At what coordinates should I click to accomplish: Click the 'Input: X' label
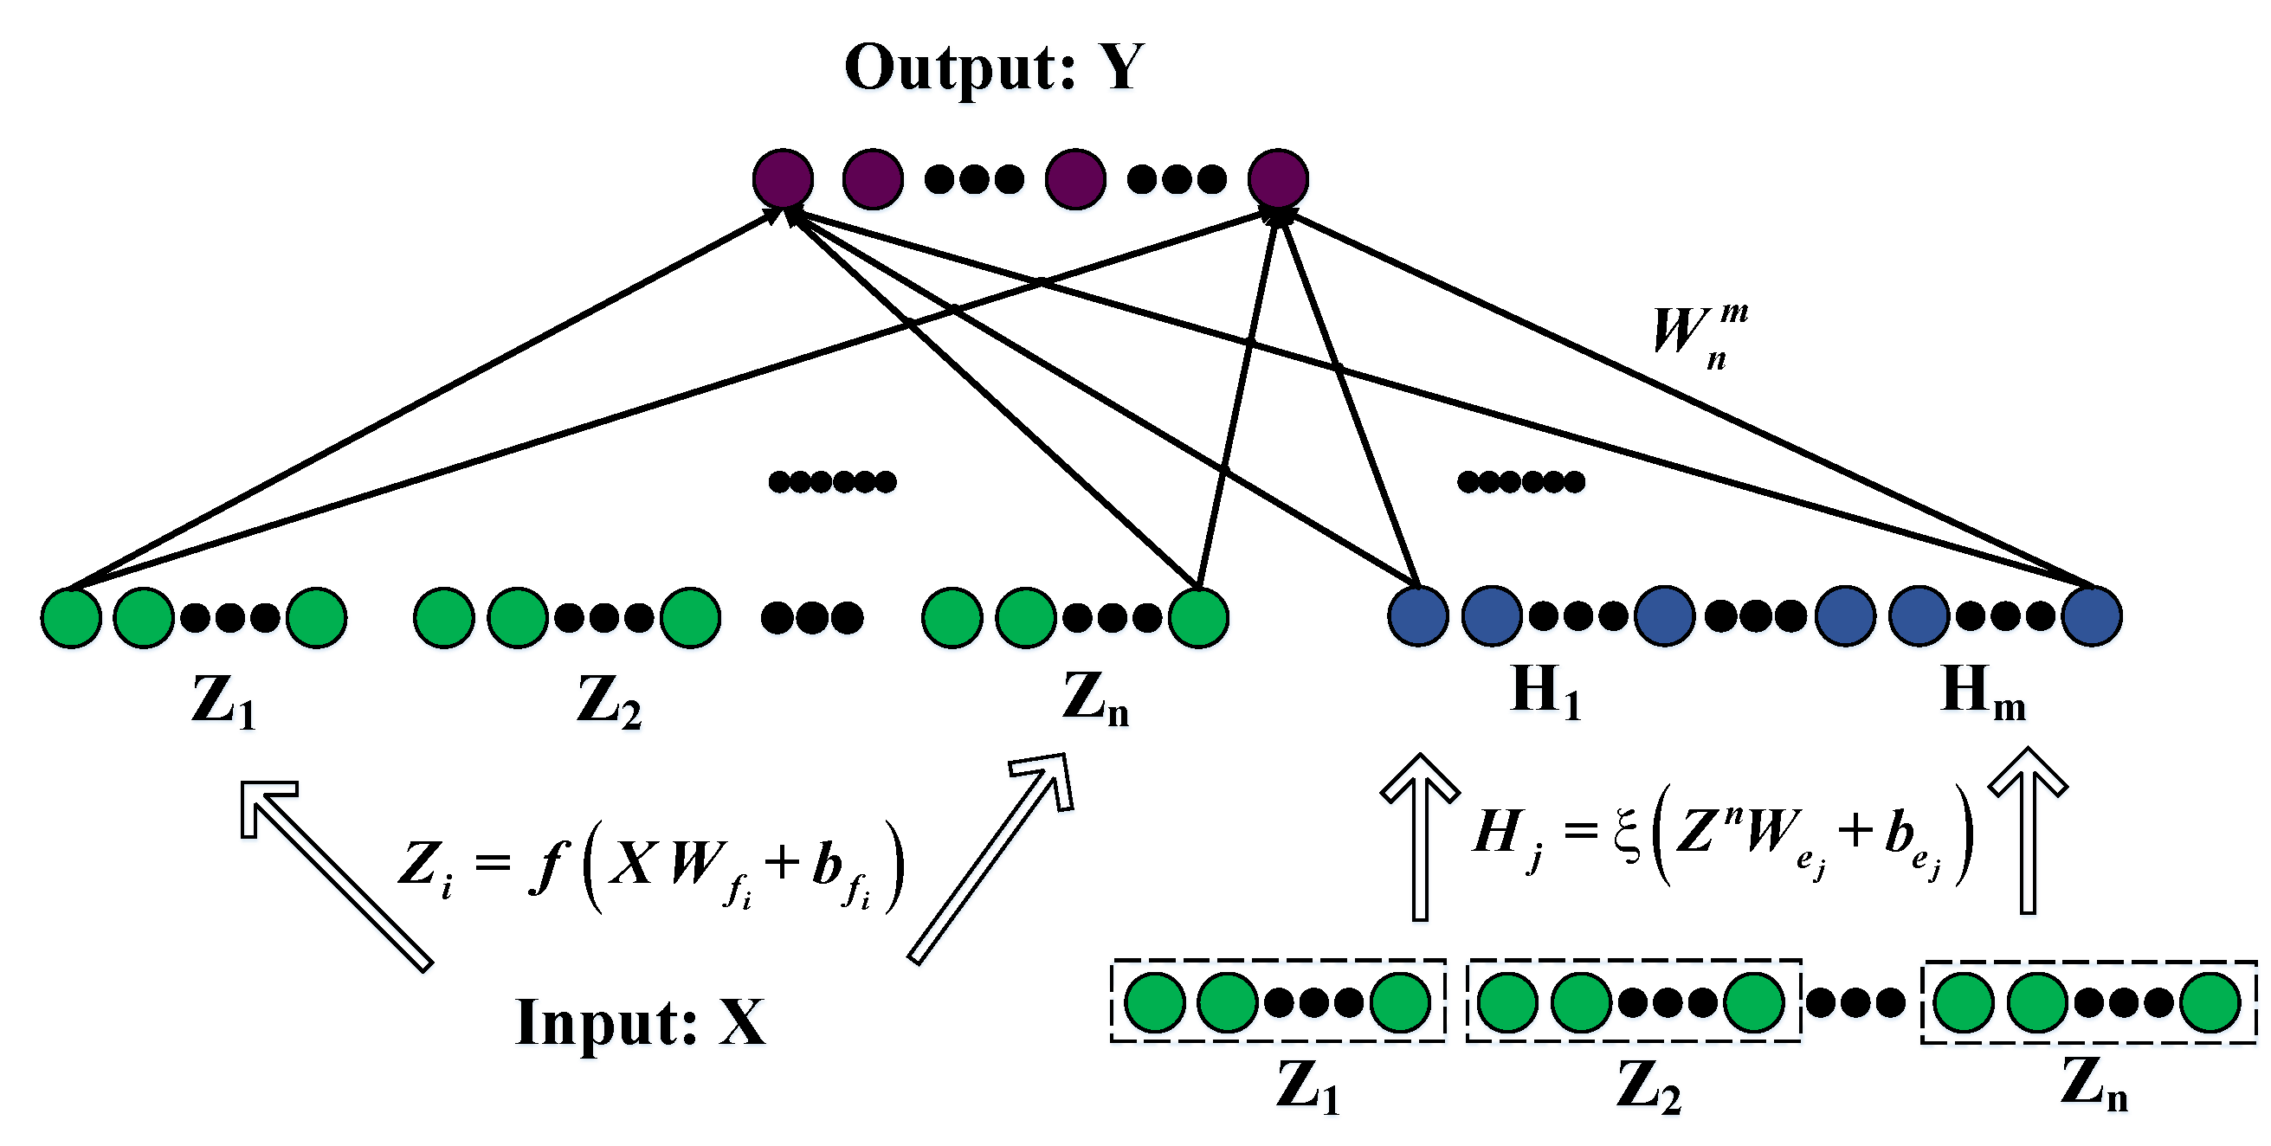point(640,1022)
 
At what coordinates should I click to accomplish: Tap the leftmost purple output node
point(783,178)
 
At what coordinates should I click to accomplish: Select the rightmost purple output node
point(1278,178)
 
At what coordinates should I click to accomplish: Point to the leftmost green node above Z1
point(70,617)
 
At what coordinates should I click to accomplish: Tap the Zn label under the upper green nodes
point(1095,699)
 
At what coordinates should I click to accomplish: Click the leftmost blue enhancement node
point(1417,616)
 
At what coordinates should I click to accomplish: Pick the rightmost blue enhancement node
point(2092,616)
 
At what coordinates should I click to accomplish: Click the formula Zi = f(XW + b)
point(653,866)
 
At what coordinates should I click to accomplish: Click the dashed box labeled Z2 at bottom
point(1633,1002)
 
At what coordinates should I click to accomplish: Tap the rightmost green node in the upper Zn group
point(1198,617)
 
